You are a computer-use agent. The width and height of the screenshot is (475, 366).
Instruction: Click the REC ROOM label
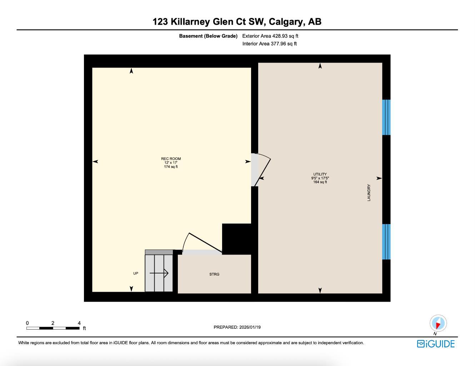click(171, 159)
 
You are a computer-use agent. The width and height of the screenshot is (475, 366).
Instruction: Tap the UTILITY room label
click(320, 174)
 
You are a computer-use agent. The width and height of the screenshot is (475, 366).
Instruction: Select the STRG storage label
click(214, 274)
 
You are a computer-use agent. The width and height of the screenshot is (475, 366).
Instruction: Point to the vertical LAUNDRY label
click(369, 193)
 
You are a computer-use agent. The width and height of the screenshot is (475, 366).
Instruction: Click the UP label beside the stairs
click(136, 273)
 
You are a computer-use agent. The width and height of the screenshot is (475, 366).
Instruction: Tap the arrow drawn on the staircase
click(159, 273)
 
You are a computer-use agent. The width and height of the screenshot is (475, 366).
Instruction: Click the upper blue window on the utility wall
click(386, 117)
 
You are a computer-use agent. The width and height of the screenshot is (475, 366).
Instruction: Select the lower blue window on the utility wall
click(386, 242)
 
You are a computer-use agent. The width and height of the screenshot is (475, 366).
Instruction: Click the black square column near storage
click(236, 239)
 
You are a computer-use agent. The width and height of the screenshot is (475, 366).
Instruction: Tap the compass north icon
click(438, 323)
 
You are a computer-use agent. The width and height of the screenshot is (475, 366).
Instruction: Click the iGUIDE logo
click(436, 344)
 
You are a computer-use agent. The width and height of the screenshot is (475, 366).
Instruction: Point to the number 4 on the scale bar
click(79, 323)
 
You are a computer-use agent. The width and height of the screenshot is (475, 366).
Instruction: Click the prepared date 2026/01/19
click(250, 327)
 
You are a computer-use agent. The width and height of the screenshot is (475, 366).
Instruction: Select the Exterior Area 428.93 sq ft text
click(270, 36)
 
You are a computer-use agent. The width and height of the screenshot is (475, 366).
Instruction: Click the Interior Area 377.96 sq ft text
click(269, 44)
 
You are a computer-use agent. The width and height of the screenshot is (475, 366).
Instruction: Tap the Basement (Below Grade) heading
click(208, 36)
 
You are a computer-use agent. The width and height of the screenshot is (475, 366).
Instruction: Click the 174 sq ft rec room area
click(171, 167)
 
